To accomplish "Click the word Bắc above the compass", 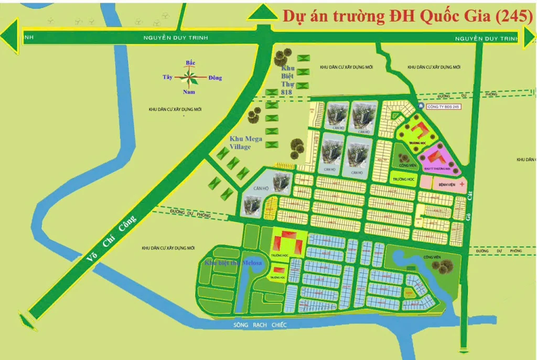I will tap(190, 63).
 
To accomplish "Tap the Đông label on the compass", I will tap(215, 78).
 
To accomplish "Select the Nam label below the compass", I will tap(189, 92).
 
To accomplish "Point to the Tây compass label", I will tap(167, 77).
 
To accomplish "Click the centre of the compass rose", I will tap(190, 78).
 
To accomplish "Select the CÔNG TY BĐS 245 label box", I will tap(443, 107).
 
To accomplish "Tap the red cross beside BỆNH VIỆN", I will tap(462, 184).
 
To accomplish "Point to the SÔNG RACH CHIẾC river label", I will tap(260, 325).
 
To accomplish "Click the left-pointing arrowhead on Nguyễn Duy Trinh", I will tap(9, 38).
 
